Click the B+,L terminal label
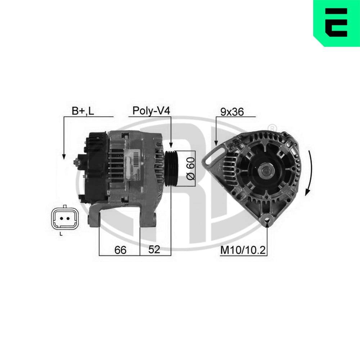[82, 111]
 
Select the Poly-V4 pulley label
[151, 111]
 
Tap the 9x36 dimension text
[232, 112]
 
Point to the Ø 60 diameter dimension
[190, 168]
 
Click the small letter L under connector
[61, 234]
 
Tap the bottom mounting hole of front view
[267, 218]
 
